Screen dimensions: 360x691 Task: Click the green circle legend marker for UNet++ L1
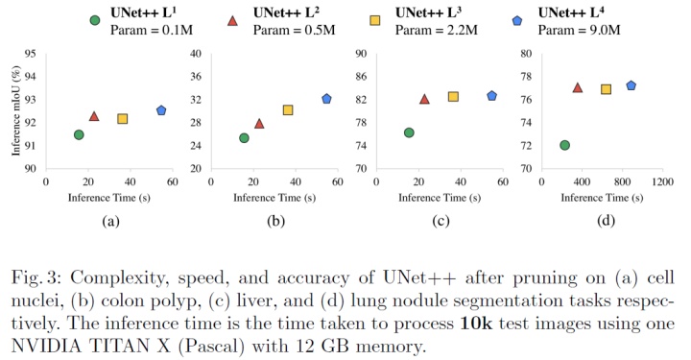click(94, 19)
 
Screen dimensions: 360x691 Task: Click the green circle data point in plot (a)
click(79, 134)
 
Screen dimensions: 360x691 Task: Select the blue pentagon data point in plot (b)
click(326, 99)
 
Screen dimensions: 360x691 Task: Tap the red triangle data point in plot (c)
click(424, 99)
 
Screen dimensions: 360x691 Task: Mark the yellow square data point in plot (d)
click(606, 89)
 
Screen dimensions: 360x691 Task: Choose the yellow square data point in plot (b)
click(288, 110)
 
